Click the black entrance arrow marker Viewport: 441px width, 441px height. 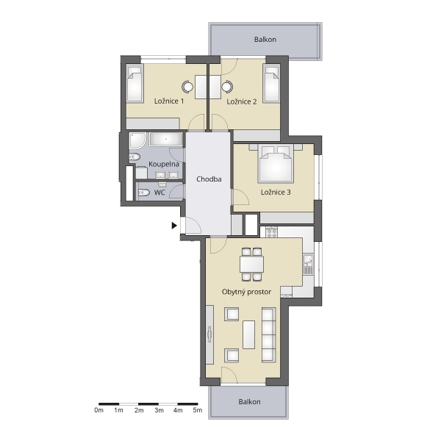(x=174, y=226)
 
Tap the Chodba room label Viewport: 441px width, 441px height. (x=209, y=179)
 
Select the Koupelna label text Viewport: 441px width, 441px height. (x=164, y=164)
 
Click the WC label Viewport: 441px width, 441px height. (x=159, y=193)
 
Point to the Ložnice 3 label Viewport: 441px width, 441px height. (x=276, y=192)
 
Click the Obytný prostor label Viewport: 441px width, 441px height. (x=246, y=292)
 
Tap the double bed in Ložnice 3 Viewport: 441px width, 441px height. (x=276, y=163)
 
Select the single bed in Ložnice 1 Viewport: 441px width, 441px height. (x=135, y=83)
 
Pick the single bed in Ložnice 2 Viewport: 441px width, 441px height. (x=271, y=83)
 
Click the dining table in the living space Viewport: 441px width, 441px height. (x=251, y=264)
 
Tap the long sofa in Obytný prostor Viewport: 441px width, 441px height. (x=268, y=334)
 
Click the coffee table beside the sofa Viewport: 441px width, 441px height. (x=249, y=334)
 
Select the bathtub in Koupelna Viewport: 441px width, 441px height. (x=166, y=139)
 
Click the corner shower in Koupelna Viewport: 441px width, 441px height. (x=137, y=140)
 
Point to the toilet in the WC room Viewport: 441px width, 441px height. (x=144, y=193)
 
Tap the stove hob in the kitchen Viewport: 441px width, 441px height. (x=272, y=232)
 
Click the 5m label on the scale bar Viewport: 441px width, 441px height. (x=198, y=410)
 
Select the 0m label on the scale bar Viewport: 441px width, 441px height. (x=98, y=410)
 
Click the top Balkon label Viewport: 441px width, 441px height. (x=265, y=40)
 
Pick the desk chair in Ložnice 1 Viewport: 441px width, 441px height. (x=187, y=87)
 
